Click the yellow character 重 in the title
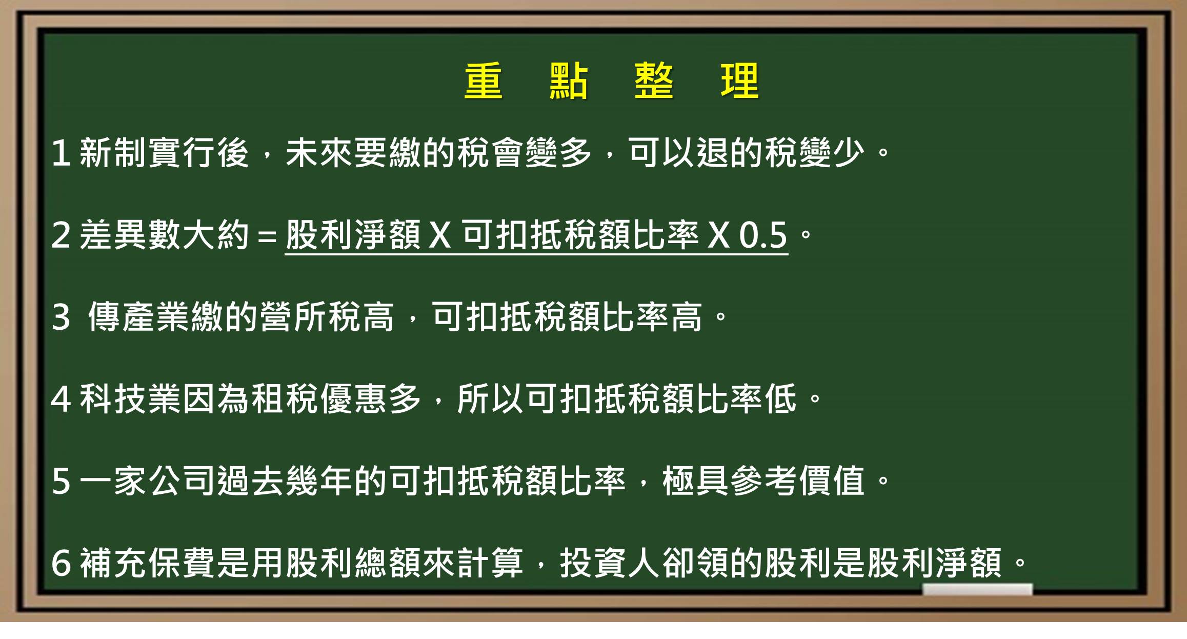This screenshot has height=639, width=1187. pos(483,81)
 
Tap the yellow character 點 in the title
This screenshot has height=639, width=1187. pos(569,81)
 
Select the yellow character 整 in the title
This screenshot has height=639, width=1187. pos(654,81)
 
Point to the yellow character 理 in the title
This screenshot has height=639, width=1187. pos(739,81)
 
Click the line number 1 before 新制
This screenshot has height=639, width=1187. pos(61,153)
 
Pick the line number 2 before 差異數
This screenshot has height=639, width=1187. pos(61,235)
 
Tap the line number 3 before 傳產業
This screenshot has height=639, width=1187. pos(61,317)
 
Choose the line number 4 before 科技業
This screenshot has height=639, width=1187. pos(61,400)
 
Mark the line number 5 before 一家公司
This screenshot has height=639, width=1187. pos(61,482)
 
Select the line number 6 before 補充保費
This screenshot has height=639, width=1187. pos(61,563)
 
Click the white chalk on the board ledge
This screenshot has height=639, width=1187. pos(977,589)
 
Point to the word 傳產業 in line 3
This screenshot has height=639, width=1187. pos(139,316)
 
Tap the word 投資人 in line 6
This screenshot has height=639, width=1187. pos(611,563)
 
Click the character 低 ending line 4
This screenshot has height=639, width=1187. pos(781,398)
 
